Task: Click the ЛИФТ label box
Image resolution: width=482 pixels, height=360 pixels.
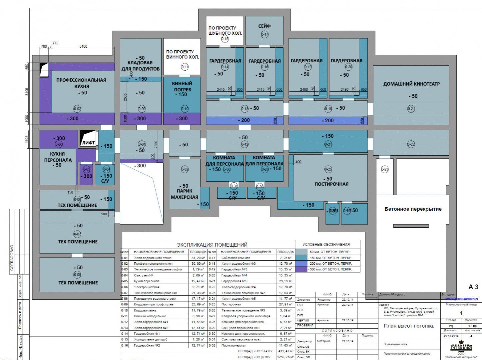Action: click(88, 142)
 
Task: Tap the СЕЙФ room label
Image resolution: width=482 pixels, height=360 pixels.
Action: click(264, 26)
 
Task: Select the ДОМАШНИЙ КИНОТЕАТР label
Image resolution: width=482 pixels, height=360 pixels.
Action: click(411, 84)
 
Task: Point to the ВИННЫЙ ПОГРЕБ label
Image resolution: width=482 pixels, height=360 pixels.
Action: click(182, 86)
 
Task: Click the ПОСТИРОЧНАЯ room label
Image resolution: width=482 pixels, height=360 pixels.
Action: click(331, 184)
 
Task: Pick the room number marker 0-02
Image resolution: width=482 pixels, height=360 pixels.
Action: click(77, 109)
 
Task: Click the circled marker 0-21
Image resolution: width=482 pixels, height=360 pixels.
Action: click(411, 109)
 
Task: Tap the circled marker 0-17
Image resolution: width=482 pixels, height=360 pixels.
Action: click(264, 34)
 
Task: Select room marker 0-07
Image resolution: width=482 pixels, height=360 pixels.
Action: click(77, 234)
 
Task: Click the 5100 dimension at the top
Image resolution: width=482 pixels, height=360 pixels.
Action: click(83, 46)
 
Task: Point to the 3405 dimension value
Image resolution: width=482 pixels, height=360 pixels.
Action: click(27, 91)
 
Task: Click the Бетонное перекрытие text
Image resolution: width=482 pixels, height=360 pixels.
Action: click(413, 209)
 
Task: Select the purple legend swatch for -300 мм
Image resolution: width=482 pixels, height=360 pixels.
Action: click(301, 269)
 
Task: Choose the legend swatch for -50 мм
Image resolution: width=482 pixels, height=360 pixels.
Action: click(301, 252)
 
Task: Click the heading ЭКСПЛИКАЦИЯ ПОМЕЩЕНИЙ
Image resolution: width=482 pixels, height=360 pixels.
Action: click(212, 245)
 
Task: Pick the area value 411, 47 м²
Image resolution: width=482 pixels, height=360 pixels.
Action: click(285, 351)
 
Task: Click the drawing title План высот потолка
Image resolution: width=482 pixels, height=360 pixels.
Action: click(409, 326)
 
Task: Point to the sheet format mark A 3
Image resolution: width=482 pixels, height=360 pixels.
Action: click(473, 287)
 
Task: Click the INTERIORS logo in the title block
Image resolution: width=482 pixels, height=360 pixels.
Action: click(461, 347)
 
